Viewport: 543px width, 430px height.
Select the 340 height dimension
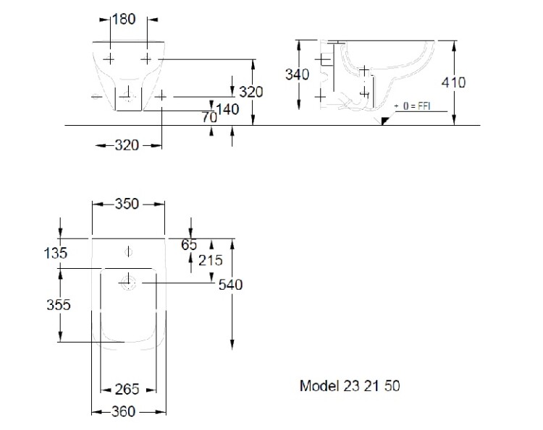[297, 74]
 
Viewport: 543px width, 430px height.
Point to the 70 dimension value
[210, 116]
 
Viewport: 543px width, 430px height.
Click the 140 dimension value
[228, 110]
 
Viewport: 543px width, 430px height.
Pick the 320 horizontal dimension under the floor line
[127, 145]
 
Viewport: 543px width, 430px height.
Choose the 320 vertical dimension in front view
[251, 92]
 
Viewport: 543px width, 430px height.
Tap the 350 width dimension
[127, 205]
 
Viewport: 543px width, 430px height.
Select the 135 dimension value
[55, 253]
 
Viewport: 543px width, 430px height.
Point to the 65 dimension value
[190, 245]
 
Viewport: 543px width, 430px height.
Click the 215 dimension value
[210, 260]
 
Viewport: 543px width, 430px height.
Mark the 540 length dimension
[231, 285]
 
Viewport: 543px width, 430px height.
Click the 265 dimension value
[127, 390]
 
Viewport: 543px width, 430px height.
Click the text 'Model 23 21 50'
[350, 386]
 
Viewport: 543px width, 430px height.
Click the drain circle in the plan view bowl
[130, 281]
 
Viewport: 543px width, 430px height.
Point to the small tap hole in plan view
[129, 251]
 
